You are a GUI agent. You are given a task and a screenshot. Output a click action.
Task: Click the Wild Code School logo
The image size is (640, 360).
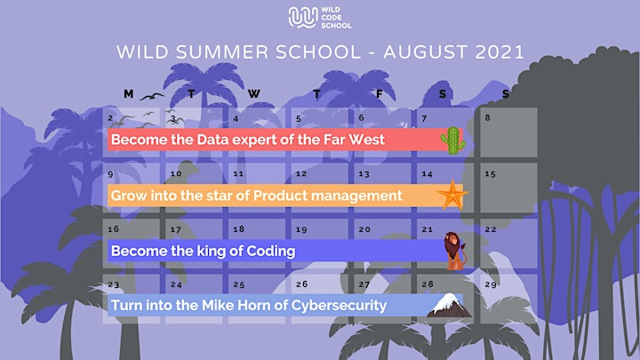pos(320,18)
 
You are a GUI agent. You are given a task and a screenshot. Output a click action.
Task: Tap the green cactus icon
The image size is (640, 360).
pos(453,140)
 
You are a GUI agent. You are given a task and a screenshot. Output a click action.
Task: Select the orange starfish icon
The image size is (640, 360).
pos(452,195)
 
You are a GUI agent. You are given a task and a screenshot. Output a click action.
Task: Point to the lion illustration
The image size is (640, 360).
pos(455,251)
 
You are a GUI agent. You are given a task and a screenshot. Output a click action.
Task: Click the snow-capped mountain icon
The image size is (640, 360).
pos(449,305)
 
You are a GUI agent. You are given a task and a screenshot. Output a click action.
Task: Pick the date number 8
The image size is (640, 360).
pos(487,118)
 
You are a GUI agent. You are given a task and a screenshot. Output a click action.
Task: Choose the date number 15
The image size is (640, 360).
pos(490,174)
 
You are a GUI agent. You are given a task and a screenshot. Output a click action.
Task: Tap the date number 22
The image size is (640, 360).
pos(491,229)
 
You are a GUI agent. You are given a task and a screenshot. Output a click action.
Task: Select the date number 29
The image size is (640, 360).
pos(491,284)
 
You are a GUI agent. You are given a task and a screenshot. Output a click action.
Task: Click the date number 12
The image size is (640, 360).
pos(301,174)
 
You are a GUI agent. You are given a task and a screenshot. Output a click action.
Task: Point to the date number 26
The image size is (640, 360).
pos(301,284)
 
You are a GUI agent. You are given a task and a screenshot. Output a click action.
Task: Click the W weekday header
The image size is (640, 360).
pos(254,94)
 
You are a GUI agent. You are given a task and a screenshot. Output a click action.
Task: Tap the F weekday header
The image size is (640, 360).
pos(380,94)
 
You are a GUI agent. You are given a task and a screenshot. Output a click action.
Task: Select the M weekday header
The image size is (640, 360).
pos(129,94)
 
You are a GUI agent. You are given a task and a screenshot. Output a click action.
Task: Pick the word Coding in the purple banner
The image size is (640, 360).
pos(270,251)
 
